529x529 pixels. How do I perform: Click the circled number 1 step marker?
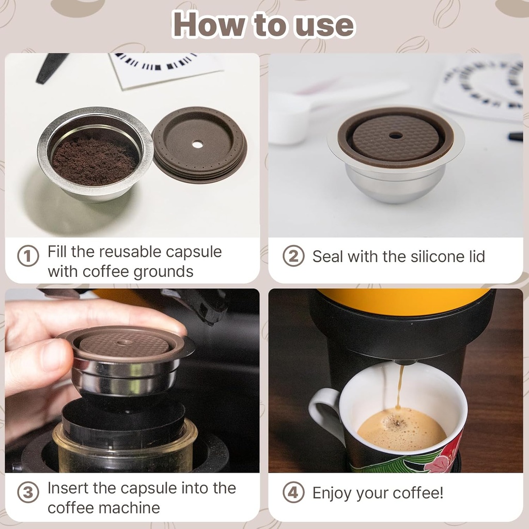[x=28, y=256]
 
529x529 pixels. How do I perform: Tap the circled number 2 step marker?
[x=293, y=256]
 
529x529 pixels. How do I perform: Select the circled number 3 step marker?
[x=28, y=492]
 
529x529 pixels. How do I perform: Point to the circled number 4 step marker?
[x=293, y=492]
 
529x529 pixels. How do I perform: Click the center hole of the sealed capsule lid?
[x=396, y=135]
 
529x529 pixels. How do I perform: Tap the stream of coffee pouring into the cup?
[x=400, y=387]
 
